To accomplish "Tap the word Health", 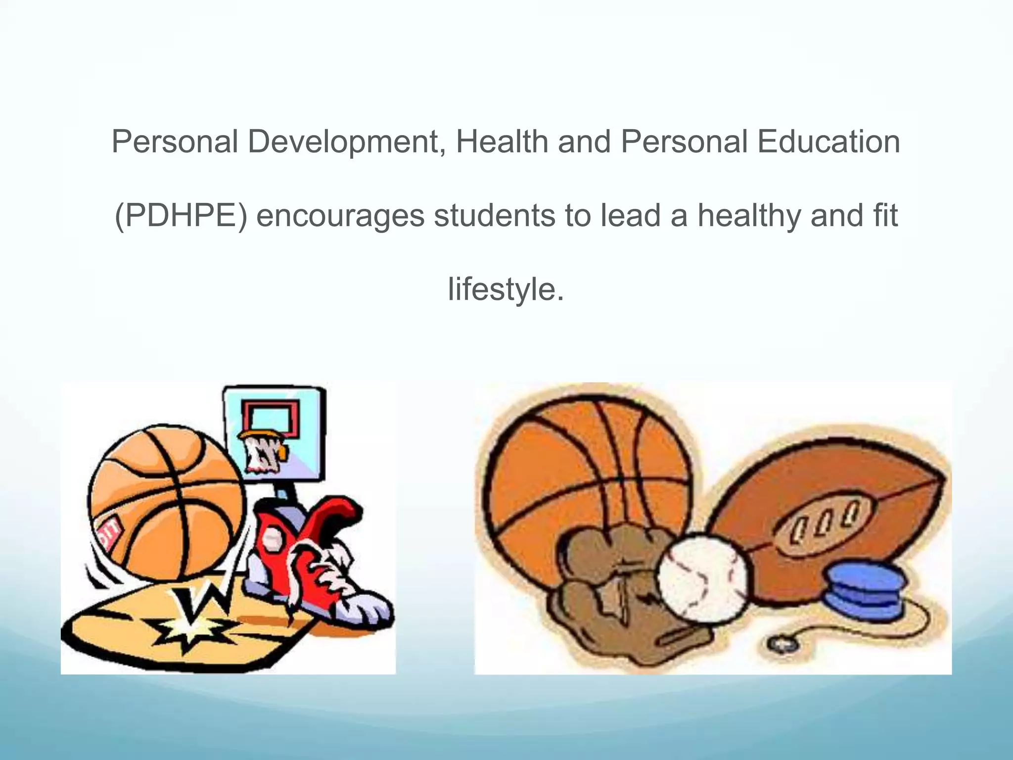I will [x=502, y=142].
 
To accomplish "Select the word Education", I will [x=829, y=142].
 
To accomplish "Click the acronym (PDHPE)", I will [x=181, y=216].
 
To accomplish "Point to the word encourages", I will [x=340, y=217].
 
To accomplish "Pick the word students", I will [x=495, y=216].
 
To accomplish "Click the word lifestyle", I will [x=506, y=289].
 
